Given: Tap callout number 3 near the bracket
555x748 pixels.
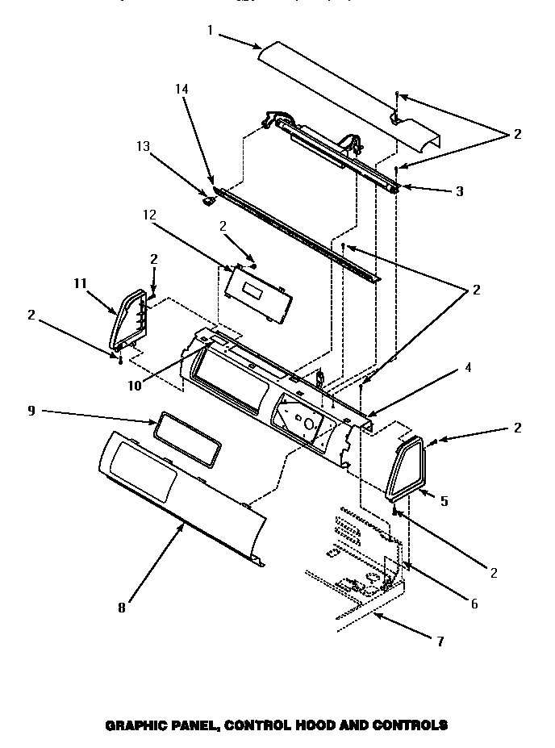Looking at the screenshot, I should (459, 191).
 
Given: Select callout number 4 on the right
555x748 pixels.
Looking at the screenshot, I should (469, 367).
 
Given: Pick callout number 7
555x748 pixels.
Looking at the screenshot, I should (440, 641).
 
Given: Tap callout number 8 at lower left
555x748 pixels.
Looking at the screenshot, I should (122, 608).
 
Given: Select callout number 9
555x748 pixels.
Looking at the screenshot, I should (31, 412).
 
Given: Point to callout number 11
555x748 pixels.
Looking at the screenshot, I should (79, 283).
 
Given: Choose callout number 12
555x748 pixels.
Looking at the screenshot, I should (150, 215).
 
